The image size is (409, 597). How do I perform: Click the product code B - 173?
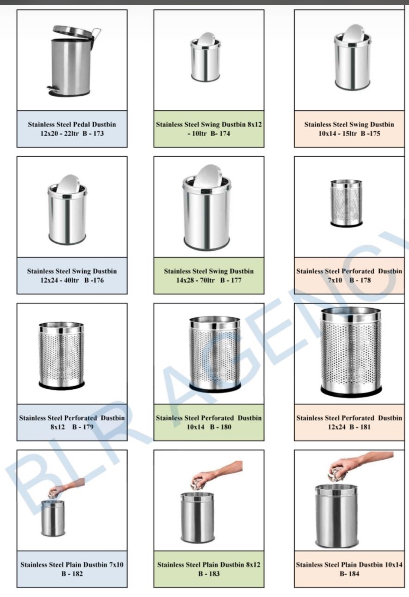[93, 134]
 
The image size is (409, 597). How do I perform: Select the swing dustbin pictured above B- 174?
[206, 57]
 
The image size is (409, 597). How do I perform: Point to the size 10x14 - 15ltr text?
[337, 134]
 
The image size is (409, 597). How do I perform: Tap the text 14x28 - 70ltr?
[195, 280]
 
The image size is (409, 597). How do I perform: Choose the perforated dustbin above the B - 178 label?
[346, 203]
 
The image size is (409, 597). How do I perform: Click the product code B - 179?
[82, 427]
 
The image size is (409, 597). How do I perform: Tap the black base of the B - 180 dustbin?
[215, 387]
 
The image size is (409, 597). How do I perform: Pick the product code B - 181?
[360, 427]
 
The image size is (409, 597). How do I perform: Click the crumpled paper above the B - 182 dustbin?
[53, 492]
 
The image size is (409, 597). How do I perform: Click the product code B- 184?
[349, 574]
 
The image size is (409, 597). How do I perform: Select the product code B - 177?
[231, 280]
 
